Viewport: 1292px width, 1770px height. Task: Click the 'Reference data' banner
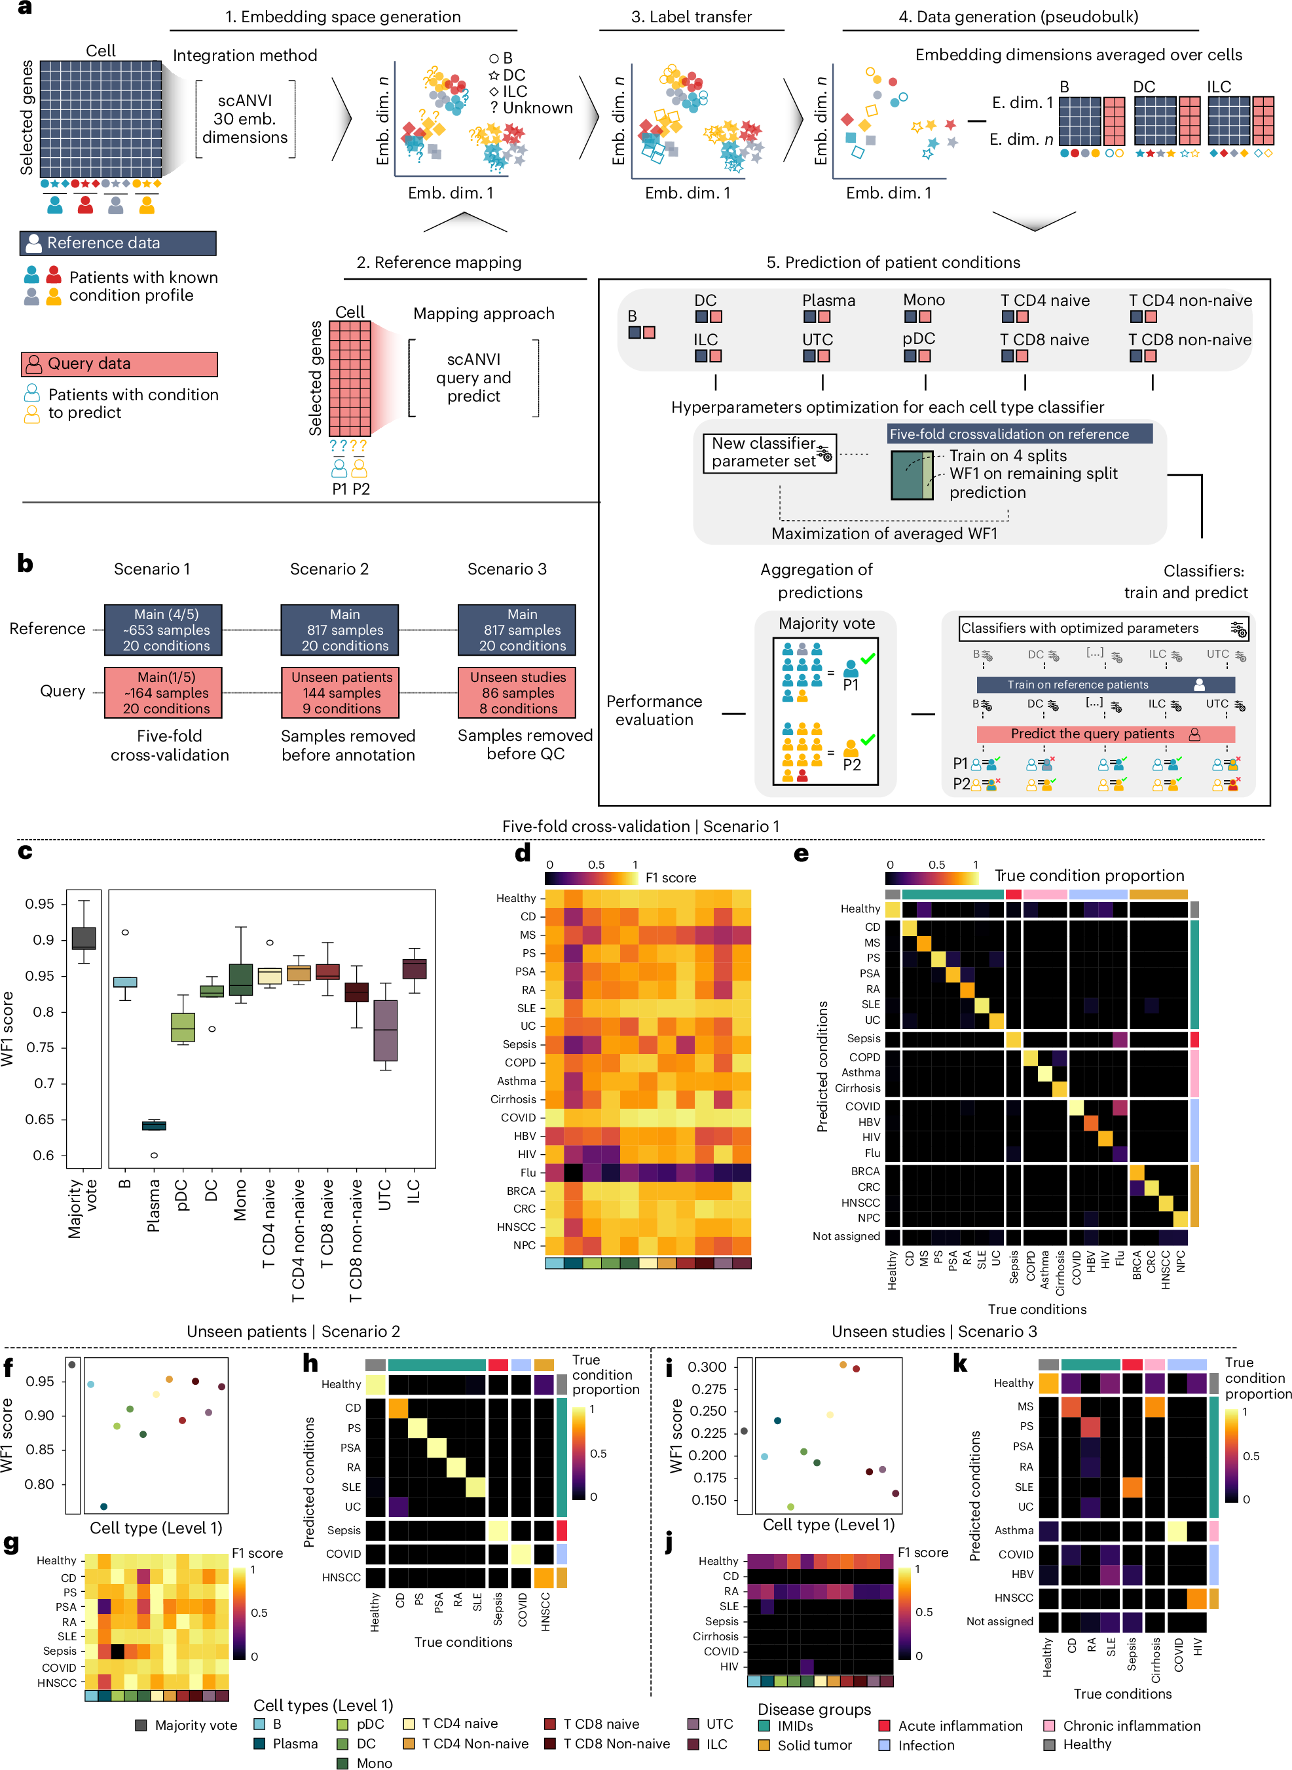(x=117, y=243)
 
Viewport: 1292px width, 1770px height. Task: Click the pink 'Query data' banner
(x=119, y=364)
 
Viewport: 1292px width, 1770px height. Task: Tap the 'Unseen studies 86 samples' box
(x=517, y=692)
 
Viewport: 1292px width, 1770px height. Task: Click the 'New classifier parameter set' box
(x=769, y=453)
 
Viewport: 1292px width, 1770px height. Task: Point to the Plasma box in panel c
(x=154, y=1125)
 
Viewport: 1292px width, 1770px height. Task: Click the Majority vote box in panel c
(x=84, y=938)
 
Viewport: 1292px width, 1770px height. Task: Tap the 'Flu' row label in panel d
(x=528, y=1173)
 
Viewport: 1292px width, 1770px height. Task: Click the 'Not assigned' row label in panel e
(x=845, y=1236)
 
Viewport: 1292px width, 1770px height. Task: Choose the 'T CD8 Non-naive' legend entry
(x=616, y=1743)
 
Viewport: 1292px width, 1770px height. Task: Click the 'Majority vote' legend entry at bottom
(x=196, y=1725)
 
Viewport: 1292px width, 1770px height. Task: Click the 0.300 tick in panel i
(x=707, y=1366)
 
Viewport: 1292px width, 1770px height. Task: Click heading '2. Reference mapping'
(x=439, y=263)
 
